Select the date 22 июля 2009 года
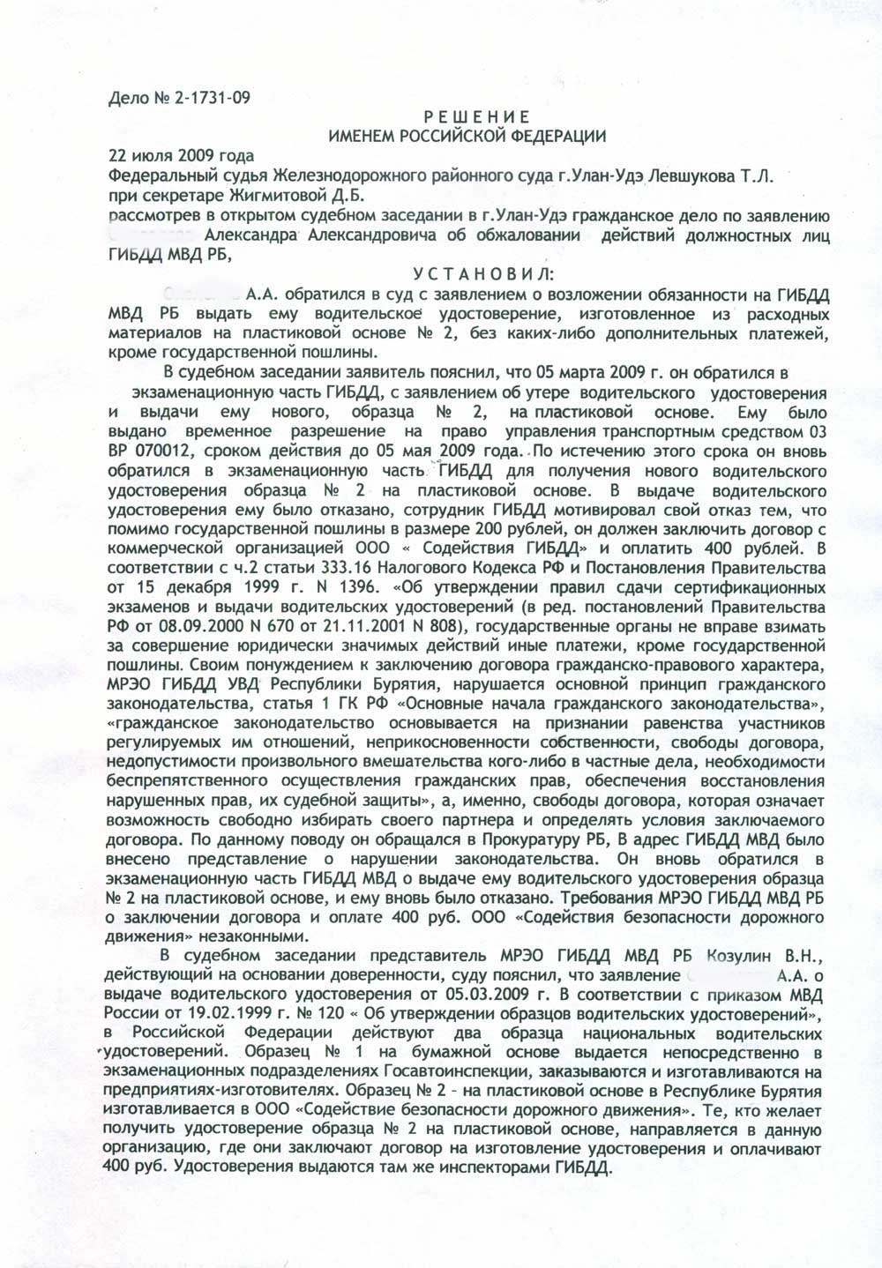point(168,155)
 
